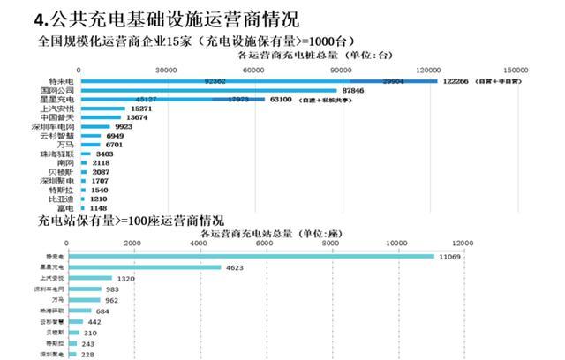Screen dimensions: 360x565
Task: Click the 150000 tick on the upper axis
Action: [x=516, y=69]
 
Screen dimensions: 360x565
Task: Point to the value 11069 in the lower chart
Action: [x=449, y=256]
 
